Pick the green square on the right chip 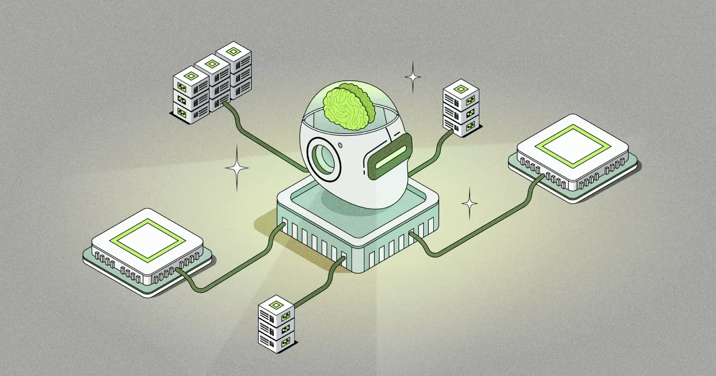pyautogui.click(x=572, y=145)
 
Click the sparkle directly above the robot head pyautogui.click(x=413, y=77)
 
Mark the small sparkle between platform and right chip pyautogui.click(x=469, y=203)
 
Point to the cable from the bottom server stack pyautogui.click(x=320, y=281)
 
